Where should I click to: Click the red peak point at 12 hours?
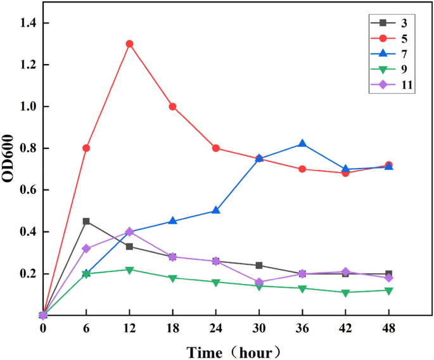pos(129,44)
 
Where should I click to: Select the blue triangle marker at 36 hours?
pos(302,144)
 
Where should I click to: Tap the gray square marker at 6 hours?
pos(86,221)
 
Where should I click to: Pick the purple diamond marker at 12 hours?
pos(129,232)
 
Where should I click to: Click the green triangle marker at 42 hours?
pos(345,293)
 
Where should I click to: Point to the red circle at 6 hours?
pos(86,148)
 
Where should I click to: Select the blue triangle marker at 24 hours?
pos(215,210)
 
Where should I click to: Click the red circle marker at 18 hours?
pos(172,106)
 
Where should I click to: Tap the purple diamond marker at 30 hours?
pos(259,282)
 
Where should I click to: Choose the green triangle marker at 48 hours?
pos(388,290)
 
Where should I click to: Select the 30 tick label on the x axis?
pos(259,328)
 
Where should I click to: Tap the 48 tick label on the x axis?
pos(388,328)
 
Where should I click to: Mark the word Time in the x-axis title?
pos(207,350)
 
